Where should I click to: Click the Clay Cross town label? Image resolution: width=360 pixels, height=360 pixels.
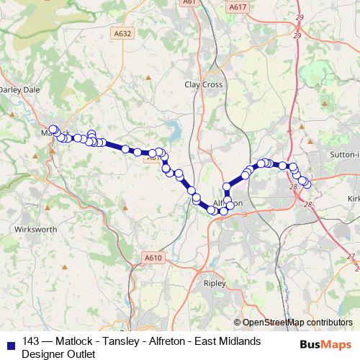(204, 84)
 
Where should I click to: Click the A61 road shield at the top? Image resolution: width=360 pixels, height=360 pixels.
(190, 2)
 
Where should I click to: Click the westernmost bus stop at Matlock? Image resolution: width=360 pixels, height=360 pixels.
(52, 130)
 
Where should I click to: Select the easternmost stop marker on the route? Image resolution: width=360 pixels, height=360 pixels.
(307, 184)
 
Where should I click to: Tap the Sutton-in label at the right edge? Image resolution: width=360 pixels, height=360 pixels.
(343, 153)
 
